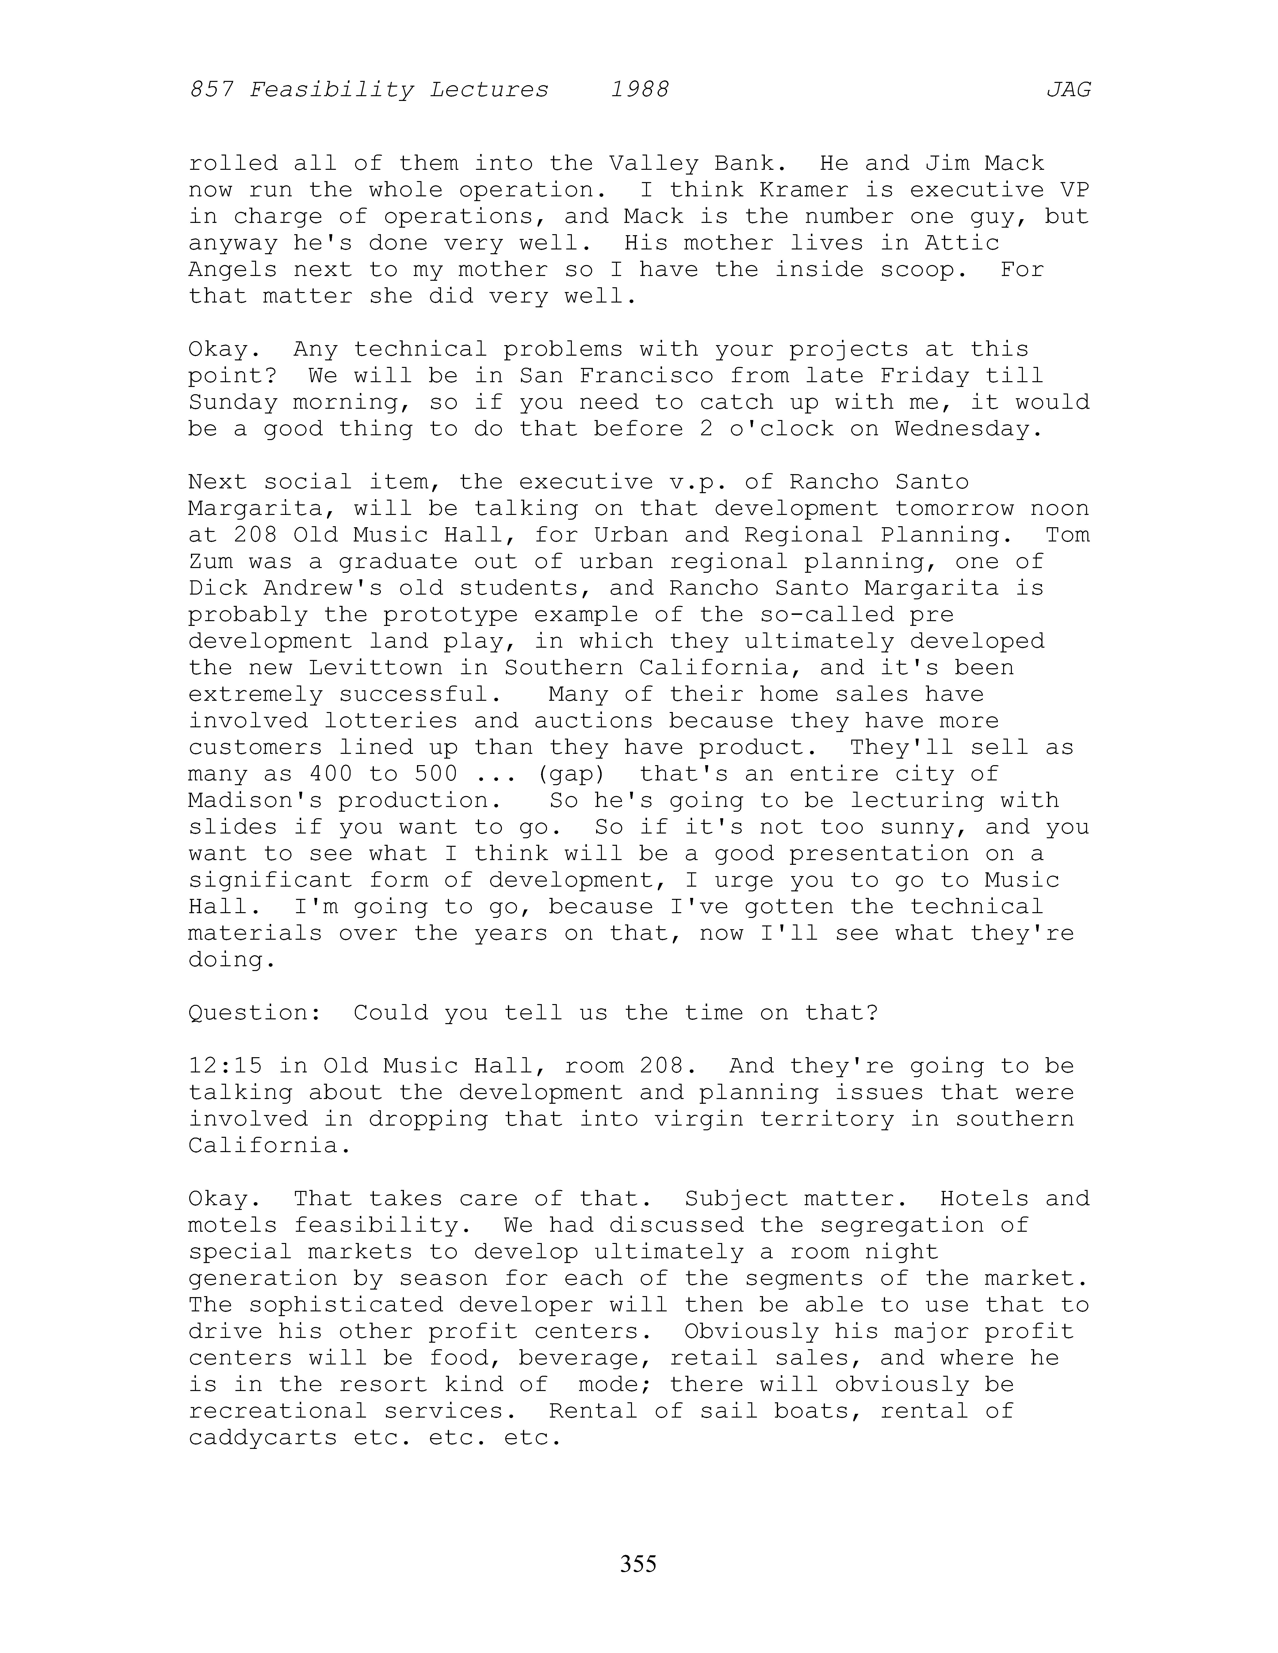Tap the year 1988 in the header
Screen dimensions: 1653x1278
[x=640, y=90]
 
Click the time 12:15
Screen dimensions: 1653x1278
[x=226, y=1066]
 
